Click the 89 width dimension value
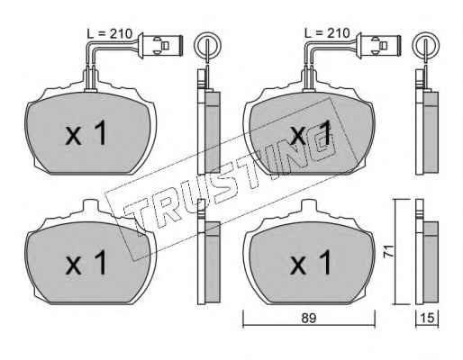click(309, 319)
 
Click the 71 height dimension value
click(389, 251)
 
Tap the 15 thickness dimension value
click(428, 319)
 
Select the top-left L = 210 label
click(109, 34)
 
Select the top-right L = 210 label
click(327, 33)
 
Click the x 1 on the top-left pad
click(86, 133)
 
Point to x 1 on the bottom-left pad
click(86, 263)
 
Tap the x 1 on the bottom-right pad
click(311, 263)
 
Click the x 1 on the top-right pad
click(311, 133)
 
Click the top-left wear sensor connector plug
click(160, 45)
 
